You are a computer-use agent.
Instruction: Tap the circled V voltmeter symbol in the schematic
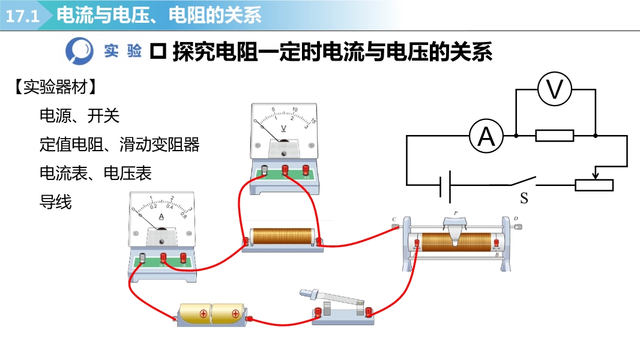coord(555,89)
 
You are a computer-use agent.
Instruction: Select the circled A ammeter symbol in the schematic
coord(486,136)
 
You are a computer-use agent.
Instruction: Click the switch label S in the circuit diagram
coord(524,197)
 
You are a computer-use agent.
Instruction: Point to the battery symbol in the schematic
coord(445,185)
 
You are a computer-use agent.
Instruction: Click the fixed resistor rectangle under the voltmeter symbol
coord(554,136)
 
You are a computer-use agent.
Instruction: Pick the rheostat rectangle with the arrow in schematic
coord(594,185)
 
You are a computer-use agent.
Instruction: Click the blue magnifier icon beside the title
coord(80,50)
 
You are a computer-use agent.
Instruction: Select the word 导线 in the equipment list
coord(55,202)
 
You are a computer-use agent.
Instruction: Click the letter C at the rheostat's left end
coord(394,219)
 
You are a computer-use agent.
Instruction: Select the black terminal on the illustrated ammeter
coord(143,259)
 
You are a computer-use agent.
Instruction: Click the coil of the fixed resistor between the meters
coord(282,236)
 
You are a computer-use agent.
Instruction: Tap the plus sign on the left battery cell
coord(203,313)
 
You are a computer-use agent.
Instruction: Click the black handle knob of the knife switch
coord(307,293)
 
